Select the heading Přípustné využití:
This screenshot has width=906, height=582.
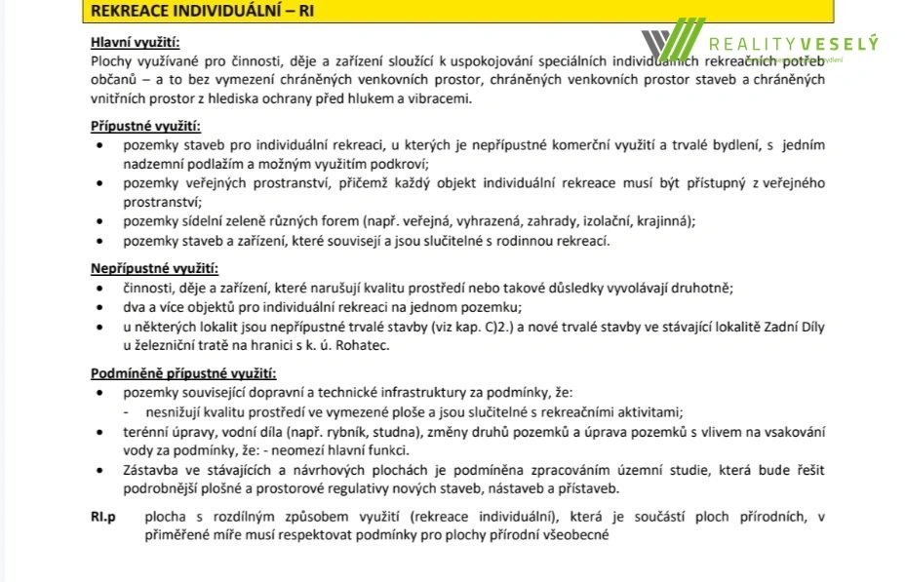(145, 126)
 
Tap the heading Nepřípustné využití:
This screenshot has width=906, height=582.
(154, 268)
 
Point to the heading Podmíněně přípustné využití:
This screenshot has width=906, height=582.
(183, 373)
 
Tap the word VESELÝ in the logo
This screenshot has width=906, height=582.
(839, 43)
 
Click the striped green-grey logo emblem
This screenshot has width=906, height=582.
(672, 41)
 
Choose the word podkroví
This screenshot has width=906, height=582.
(401, 164)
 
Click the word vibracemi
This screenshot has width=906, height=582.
(442, 98)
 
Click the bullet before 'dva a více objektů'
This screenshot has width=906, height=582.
(102, 307)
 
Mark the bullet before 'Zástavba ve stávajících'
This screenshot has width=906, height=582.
(102, 471)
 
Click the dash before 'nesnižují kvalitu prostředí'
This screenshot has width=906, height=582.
(127, 412)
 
